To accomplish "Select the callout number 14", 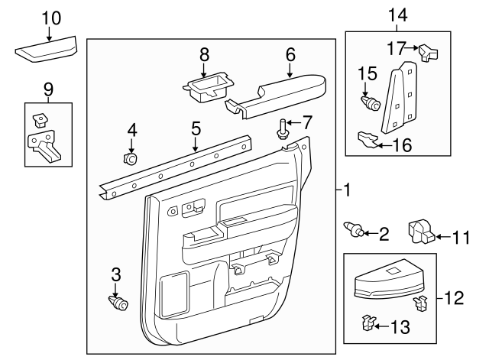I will coord(397,15).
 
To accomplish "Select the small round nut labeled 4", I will coord(129,159).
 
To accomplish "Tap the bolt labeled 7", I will coord(283,130).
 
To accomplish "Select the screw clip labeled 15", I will coord(372,102).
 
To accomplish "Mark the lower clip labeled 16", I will coord(368,139).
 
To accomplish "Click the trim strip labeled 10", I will coord(48,53).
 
